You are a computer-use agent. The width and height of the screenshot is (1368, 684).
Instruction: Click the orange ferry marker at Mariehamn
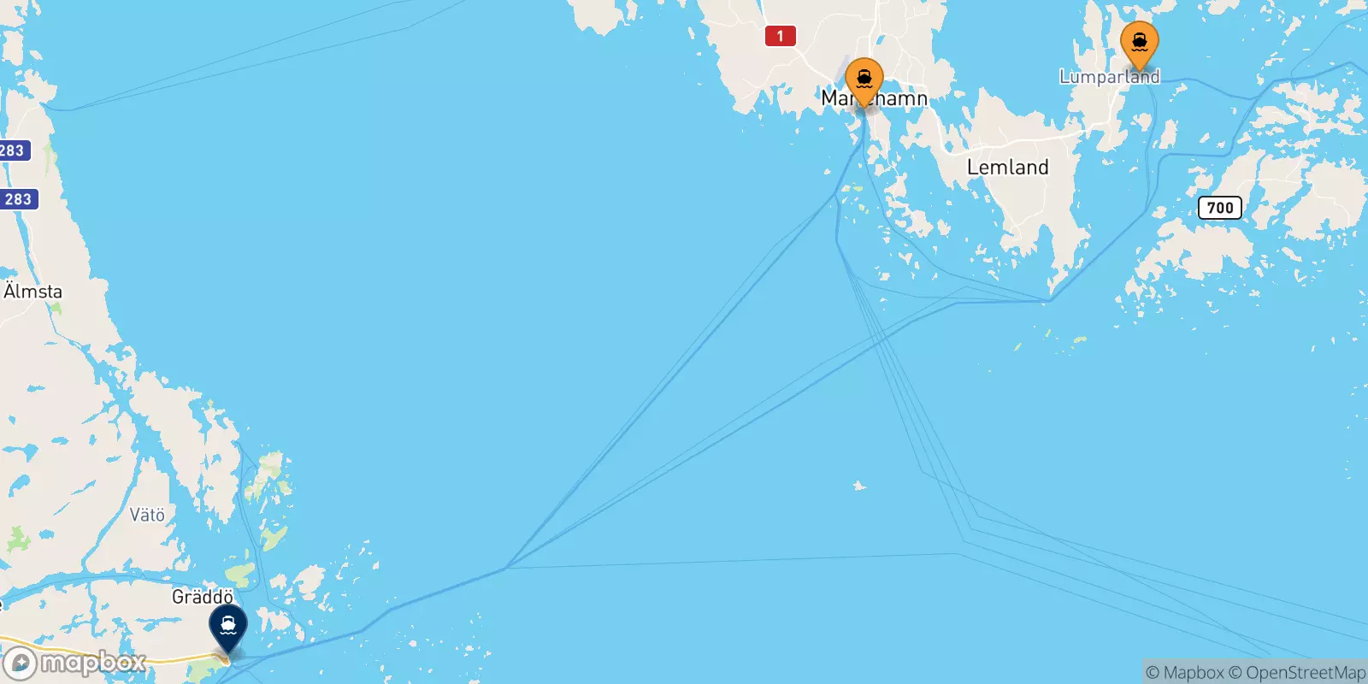coord(864,80)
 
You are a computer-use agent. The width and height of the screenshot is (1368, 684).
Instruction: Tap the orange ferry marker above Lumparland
coord(1139,43)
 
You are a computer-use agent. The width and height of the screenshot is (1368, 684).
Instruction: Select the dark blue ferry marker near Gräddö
coord(228,626)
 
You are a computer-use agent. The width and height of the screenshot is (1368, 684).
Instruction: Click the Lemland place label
coord(1007,168)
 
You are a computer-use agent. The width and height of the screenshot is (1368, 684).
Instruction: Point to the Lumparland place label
coord(1109,77)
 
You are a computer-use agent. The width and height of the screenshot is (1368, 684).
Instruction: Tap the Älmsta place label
coord(33,292)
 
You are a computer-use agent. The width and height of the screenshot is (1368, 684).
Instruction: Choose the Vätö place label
coord(147,515)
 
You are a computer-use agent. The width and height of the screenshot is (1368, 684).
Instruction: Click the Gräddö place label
coord(203,597)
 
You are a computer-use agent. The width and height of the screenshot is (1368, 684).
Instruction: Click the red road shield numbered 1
coord(780,36)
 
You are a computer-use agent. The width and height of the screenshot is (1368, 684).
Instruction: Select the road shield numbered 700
coord(1219,208)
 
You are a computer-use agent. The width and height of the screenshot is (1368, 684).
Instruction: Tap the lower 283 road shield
coord(18,199)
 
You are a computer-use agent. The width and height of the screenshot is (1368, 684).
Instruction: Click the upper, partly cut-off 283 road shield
coord(13,150)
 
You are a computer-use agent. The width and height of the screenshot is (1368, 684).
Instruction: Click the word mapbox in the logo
coord(92,663)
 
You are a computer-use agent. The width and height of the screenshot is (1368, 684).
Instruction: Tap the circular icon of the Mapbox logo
coord(19,663)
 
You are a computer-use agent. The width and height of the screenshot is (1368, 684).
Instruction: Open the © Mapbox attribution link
coord(1184,673)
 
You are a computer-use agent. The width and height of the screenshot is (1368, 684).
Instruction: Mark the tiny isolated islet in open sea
coord(859,486)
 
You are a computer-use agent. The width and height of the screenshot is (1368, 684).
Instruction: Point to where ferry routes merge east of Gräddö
coord(506,567)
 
